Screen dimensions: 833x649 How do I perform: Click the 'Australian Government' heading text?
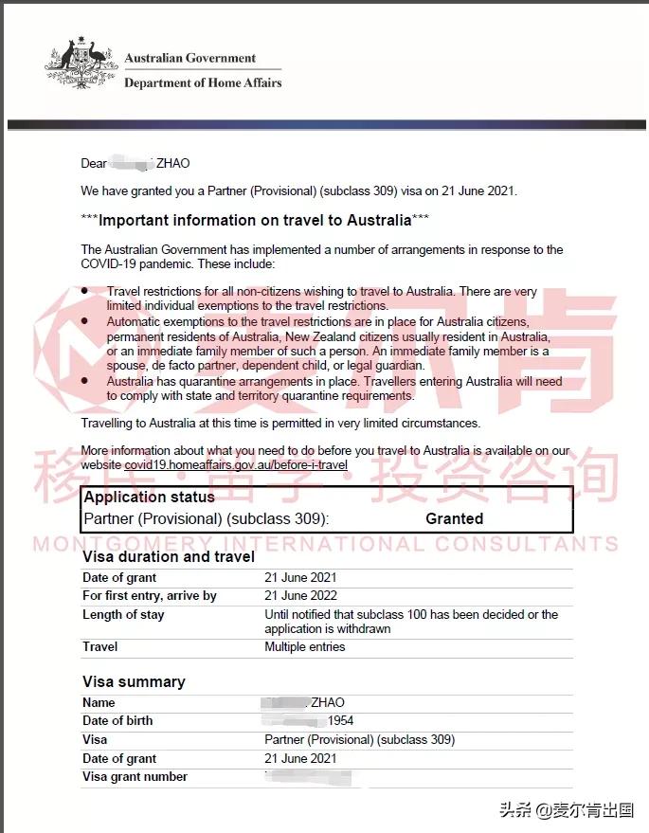(190, 58)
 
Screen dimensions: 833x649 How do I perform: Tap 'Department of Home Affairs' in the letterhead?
(203, 83)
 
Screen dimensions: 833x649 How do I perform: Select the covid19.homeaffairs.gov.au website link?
(236, 465)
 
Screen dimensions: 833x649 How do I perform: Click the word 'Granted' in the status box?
(454, 518)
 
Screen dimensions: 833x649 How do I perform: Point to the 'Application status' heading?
(149, 498)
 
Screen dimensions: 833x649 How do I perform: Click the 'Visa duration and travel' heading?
(169, 556)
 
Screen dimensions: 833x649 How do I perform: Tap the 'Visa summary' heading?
(134, 681)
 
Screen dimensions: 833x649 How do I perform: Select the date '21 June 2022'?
(300, 596)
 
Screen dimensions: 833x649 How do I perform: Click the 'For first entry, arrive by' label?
(150, 596)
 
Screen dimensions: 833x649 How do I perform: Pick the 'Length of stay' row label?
(123, 615)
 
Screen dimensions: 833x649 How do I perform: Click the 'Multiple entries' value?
(304, 647)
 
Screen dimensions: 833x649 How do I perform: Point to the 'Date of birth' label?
(117, 721)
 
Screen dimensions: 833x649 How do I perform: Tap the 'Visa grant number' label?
(135, 777)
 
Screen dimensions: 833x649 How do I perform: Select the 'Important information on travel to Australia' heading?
(255, 220)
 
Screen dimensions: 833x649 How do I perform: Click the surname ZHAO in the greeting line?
(172, 164)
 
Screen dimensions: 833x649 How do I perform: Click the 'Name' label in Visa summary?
(99, 703)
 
